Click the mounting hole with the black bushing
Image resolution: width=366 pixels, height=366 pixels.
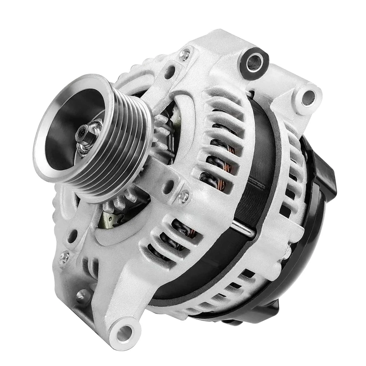tap(254, 63)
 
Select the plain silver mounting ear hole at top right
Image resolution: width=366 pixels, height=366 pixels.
tap(308, 98)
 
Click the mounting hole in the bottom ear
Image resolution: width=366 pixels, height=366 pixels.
tap(124, 334)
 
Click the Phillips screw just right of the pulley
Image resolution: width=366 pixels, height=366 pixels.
tap(184, 197)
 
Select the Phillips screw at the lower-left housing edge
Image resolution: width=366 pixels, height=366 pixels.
tap(64, 258)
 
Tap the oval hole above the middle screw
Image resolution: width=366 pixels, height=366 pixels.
tap(168, 186)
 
